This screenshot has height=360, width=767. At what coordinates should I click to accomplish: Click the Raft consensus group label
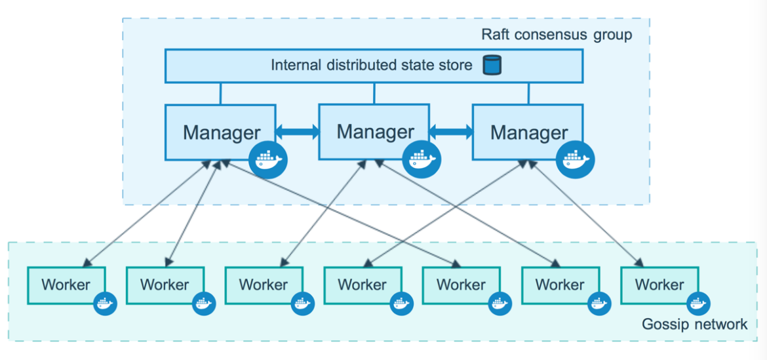[557, 35]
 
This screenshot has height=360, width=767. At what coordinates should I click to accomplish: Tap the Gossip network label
[694, 324]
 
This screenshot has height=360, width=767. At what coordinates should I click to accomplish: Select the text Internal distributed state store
[371, 66]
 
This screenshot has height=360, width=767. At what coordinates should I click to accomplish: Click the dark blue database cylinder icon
[492, 66]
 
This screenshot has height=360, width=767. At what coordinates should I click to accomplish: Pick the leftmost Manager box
[220, 132]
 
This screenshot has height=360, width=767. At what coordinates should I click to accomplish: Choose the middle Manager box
[374, 131]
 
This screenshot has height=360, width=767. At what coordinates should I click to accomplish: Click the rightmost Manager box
[528, 132]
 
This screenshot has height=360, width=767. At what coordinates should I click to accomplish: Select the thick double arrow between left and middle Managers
[297, 132]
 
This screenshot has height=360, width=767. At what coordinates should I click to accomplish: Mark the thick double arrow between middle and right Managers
[451, 132]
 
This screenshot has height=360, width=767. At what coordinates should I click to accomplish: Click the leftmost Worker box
[66, 285]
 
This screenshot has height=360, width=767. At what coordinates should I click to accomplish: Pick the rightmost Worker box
[659, 285]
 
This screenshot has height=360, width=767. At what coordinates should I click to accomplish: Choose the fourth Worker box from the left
[363, 285]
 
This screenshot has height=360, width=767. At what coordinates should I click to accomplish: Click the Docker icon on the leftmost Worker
[105, 304]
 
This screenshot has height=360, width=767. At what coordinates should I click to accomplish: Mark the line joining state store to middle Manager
[374, 93]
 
